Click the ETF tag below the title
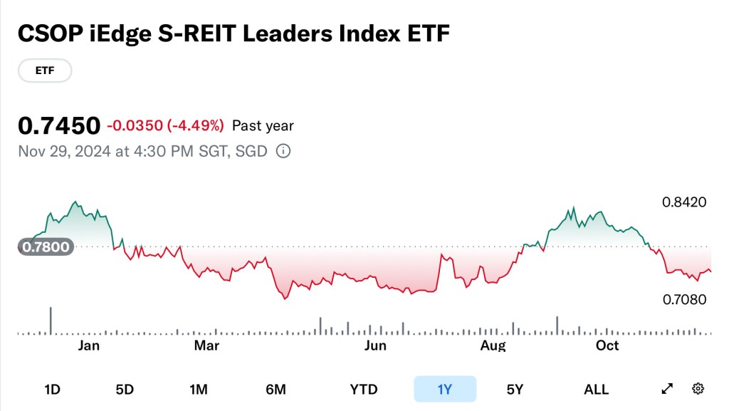(x=44, y=71)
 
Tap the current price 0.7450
(x=59, y=126)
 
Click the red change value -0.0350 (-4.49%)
(x=165, y=126)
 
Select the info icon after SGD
(x=283, y=152)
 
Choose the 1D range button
(x=52, y=389)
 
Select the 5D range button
(x=125, y=389)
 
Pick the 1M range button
(x=198, y=389)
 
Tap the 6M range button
(x=276, y=389)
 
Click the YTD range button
(x=363, y=389)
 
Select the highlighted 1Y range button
(x=445, y=389)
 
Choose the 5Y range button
(x=515, y=389)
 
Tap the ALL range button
(x=596, y=389)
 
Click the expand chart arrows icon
(x=667, y=389)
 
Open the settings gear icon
(x=698, y=389)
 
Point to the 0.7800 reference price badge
(x=46, y=247)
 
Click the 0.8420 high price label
(x=684, y=202)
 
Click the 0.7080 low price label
(x=684, y=299)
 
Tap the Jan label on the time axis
(x=88, y=346)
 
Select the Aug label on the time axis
(x=493, y=346)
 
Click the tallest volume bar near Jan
(x=51, y=321)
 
